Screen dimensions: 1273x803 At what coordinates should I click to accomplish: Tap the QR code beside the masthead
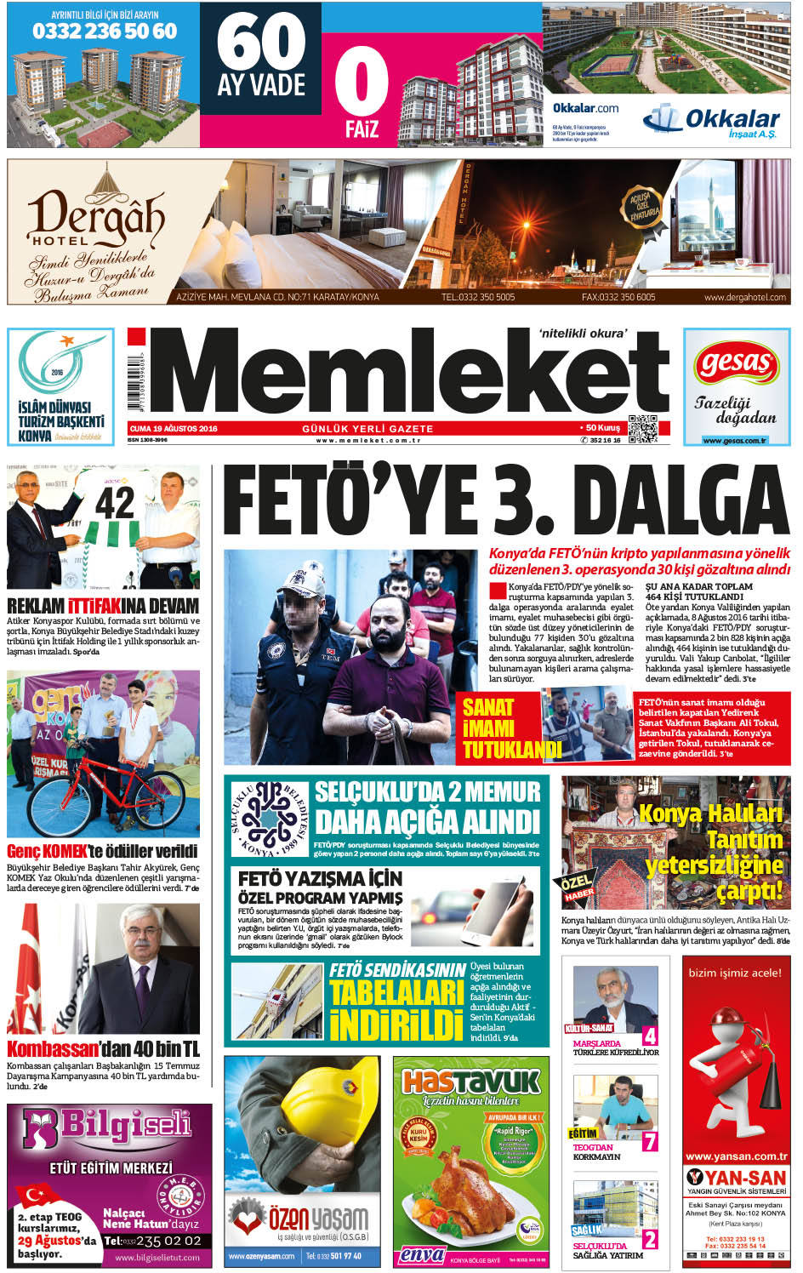642,428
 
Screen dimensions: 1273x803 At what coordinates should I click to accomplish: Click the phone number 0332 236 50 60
105,31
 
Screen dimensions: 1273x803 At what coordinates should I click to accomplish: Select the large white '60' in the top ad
261,43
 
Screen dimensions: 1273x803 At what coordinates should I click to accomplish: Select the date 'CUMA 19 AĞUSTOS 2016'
174,429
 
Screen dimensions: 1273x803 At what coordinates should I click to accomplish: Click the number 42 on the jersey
115,504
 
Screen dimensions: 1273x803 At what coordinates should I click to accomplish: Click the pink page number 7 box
650,1141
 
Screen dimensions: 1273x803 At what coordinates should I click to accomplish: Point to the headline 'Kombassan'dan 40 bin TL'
104,1048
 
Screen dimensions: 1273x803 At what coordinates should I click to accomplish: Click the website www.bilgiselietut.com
157,1257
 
